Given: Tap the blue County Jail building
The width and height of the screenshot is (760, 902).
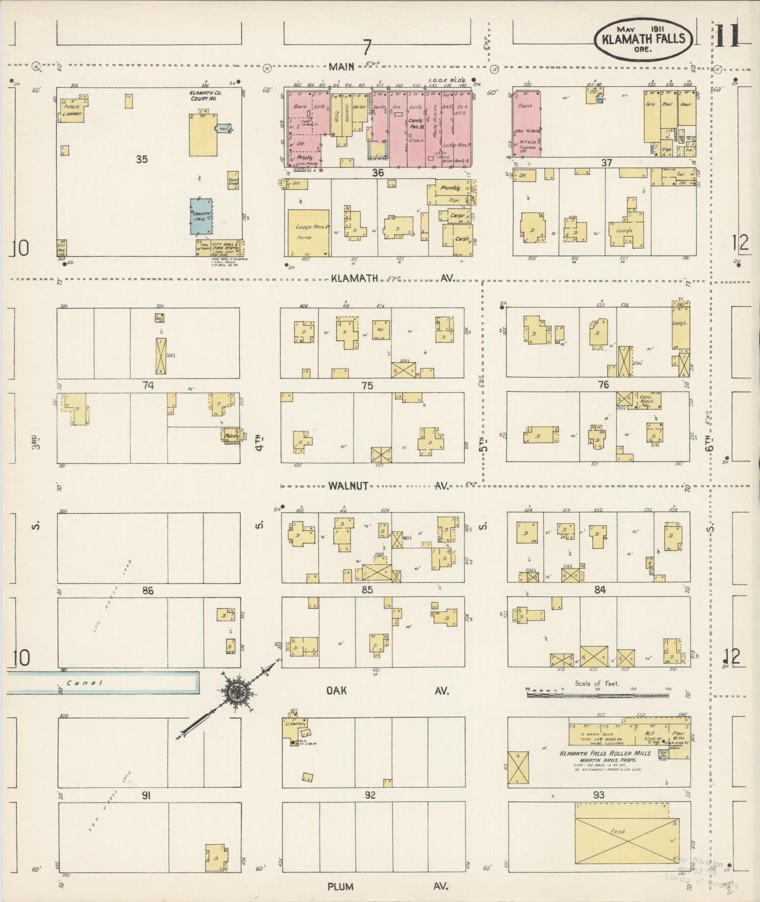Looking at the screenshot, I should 201,216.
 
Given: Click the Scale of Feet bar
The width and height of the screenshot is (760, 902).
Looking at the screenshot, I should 597,695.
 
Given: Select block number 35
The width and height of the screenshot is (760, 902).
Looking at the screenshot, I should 141,159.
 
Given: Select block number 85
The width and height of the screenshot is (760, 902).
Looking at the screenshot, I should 367,590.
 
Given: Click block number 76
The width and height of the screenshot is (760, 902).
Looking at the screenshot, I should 603,385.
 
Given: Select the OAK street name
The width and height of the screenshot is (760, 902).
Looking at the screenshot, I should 337,690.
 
